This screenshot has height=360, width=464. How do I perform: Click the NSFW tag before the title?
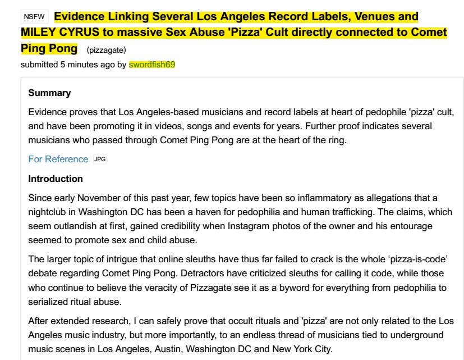click(x=34, y=17)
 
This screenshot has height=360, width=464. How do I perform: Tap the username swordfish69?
click(x=151, y=64)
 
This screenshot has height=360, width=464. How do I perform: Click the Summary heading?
click(x=49, y=93)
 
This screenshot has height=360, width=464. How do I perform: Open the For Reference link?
click(x=58, y=159)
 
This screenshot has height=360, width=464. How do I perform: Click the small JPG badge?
click(x=99, y=159)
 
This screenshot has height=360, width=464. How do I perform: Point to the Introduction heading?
click(x=56, y=179)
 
